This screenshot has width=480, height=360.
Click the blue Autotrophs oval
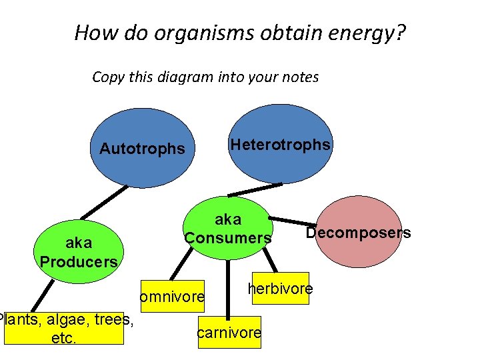pyautogui.click(x=141, y=148)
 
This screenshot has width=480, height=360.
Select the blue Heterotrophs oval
pyautogui.click(x=280, y=145)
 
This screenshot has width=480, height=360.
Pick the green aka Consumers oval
pyautogui.click(x=228, y=228)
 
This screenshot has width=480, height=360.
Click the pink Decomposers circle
pyautogui.click(x=359, y=232)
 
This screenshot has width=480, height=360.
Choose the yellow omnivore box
pyautogui.click(x=171, y=296)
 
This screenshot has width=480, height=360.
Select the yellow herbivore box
pyautogui.click(x=281, y=289)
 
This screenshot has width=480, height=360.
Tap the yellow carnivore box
pyautogui.click(x=229, y=333)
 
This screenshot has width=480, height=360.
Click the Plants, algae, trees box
pyautogui.click(x=64, y=329)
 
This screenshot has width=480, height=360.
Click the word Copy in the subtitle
pyautogui.click(x=108, y=77)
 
